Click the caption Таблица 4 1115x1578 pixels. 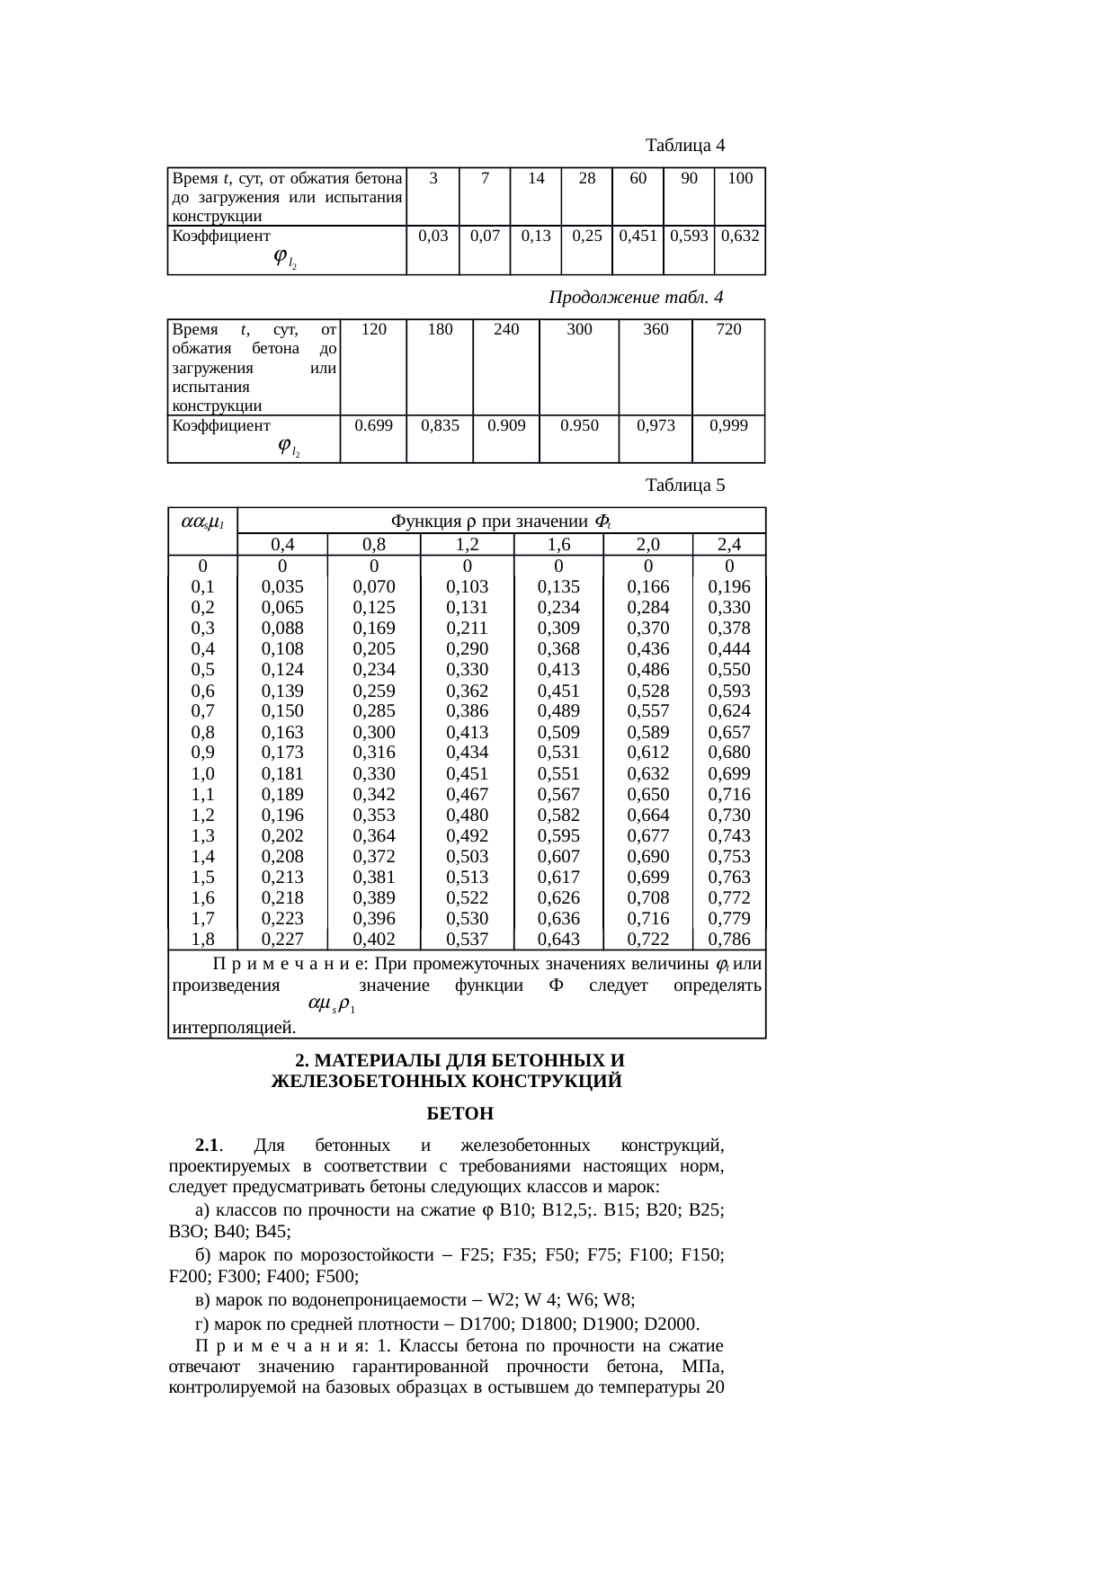point(685,145)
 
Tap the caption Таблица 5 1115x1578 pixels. point(685,486)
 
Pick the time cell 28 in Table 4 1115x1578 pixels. point(586,178)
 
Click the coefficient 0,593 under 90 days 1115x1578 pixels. point(689,236)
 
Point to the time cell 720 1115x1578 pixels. point(728,329)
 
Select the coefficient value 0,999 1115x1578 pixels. point(728,425)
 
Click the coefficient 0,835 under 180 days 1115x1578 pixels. point(440,425)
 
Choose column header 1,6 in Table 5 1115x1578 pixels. point(558,544)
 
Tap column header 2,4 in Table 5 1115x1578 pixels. point(729,544)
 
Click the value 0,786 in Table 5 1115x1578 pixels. point(729,939)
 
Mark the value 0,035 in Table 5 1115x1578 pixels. point(282,587)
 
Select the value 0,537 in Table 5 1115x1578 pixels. point(468,939)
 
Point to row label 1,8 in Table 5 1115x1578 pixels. point(203,939)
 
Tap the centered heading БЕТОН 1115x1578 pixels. point(459,1114)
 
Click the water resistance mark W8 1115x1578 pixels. point(619,1299)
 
